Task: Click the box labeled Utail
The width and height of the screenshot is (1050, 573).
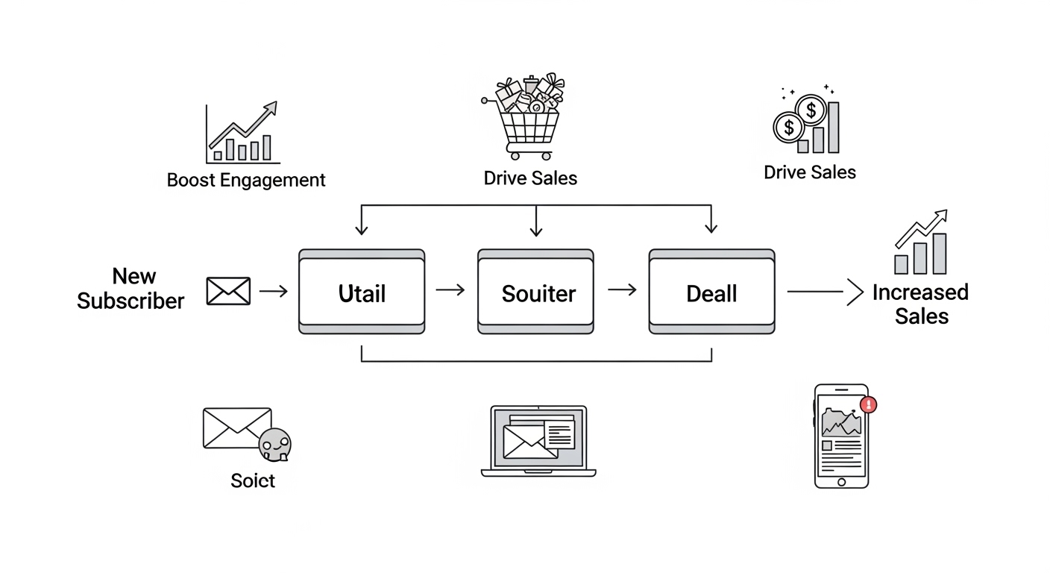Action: click(x=362, y=292)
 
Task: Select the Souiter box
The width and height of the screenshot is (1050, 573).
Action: click(x=535, y=292)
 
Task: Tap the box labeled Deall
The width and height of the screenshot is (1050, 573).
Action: click(x=711, y=292)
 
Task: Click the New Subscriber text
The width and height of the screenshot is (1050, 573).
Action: click(x=131, y=289)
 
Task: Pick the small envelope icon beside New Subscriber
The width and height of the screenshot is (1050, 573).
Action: click(x=228, y=291)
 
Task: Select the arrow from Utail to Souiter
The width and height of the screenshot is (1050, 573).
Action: click(x=450, y=289)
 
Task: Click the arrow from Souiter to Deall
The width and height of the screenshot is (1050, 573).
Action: click(x=622, y=289)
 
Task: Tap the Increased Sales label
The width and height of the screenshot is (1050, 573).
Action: click(x=921, y=304)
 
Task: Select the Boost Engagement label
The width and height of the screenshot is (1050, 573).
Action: click(x=246, y=180)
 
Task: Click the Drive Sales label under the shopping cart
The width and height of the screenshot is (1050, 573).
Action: click(x=530, y=178)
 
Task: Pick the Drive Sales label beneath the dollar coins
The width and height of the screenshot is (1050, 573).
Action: click(x=810, y=172)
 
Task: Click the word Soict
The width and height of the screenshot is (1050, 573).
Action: click(x=253, y=480)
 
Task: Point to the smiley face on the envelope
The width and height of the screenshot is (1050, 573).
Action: click(x=274, y=445)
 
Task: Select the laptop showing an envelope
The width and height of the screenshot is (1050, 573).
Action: click(x=538, y=441)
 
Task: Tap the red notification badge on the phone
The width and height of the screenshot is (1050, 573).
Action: click(x=868, y=405)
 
